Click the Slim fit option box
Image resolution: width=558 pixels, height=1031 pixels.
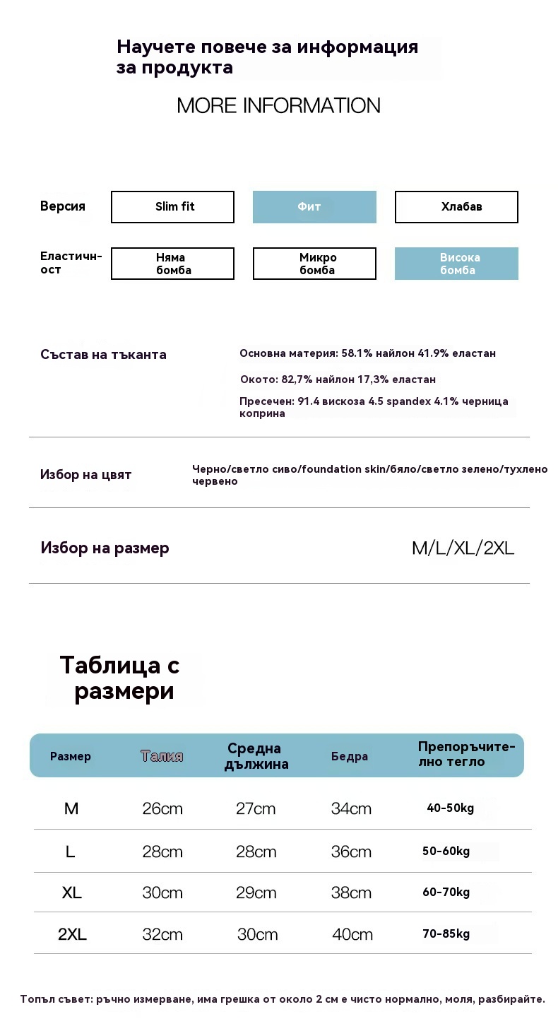pyautogui.click(x=172, y=207)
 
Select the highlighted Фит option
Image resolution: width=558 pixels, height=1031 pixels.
pyautogui.click(x=314, y=207)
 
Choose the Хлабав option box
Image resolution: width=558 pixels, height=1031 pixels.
pyautogui.click(x=456, y=207)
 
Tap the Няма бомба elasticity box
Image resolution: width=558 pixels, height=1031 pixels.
pyautogui.click(x=172, y=264)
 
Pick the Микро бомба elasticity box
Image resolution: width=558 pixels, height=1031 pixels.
pyautogui.click(x=314, y=264)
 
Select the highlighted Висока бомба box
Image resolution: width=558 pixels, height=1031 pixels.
pyautogui.click(x=456, y=264)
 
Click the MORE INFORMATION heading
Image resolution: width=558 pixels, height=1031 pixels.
pyautogui.click(x=278, y=106)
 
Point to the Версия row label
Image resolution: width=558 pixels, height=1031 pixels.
pyautogui.click(x=63, y=206)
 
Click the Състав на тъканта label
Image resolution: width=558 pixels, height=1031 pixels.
pyautogui.click(x=103, y=355)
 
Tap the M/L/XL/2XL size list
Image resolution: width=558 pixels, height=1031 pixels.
pyautogui.click(x=463, y=548)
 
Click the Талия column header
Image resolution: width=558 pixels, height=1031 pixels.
pyautogui.click(x=162, y=757)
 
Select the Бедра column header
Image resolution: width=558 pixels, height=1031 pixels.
pyautogui.click(x=350, y=757)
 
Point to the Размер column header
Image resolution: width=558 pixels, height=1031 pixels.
pyautogui.click(x=71, y=757)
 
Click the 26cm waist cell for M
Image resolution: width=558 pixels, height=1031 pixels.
pyautogui.click(x=162, y=809)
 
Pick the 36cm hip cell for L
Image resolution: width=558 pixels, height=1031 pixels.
pyautogui.click(x=351, y=852)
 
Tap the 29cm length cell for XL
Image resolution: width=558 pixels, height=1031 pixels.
pyautogui.click(x=256, y=893)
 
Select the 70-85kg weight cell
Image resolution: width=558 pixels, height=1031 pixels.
pyautogui.click(x=446, y=934)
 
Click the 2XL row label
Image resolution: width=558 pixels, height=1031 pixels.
pyautogui.click(x=72, y=935)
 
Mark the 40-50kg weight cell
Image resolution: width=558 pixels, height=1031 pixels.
pyautogui.click(x=451, y=808)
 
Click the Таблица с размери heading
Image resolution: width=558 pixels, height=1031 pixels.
pyautogui.click(x=120, y=678)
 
